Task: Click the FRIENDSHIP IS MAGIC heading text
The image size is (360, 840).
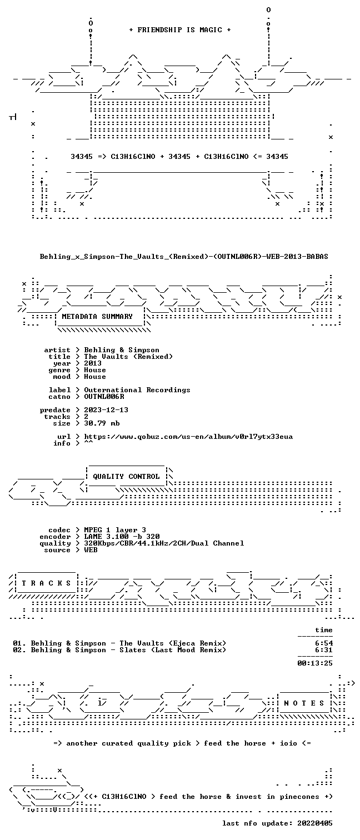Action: (180, 30)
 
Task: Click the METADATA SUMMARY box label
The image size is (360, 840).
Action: (97, 317)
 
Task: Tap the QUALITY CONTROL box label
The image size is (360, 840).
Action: (126, 477)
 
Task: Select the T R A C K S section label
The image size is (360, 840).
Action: (46, 583)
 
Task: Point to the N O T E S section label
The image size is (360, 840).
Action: (304, 703)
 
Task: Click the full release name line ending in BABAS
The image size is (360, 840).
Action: (184, 257)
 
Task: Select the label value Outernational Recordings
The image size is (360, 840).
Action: (137, 390)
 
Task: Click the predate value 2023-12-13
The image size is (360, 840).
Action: (106, 410)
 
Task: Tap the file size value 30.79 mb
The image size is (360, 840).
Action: (102, 423)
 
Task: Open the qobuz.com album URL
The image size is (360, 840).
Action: (188, 437)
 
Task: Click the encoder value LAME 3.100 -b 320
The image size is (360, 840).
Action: (122, 537)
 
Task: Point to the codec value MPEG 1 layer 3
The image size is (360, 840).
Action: (115, 530)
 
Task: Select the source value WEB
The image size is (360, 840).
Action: (91, 550)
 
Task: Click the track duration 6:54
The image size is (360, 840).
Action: (324, 643)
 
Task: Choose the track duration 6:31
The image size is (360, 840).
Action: (324, 650)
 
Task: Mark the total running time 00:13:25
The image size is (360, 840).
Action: (314, 663)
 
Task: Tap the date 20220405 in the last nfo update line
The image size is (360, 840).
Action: (314, 823)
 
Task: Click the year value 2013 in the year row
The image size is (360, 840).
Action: (93, 363)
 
